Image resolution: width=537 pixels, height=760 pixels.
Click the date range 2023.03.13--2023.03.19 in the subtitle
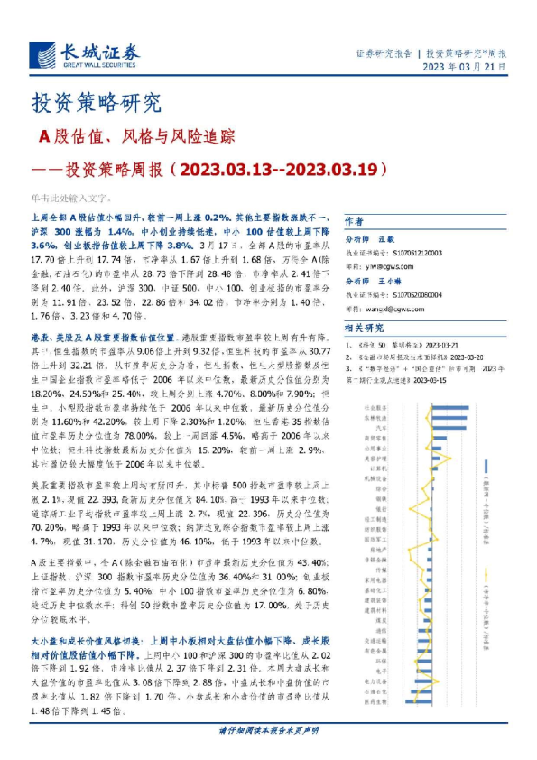(281, 168)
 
